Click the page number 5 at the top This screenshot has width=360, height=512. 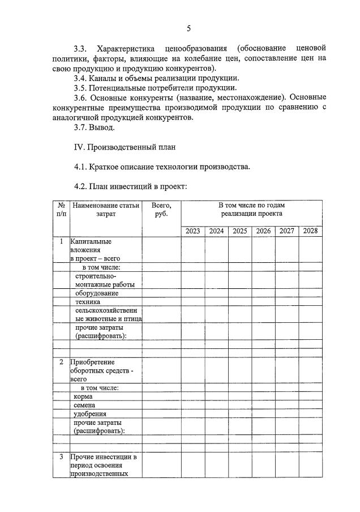point(188,28)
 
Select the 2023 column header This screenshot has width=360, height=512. point(193,231)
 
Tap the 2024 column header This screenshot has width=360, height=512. point(216,231)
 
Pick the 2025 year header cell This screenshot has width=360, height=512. point(240,231)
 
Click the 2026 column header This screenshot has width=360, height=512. point(263,231)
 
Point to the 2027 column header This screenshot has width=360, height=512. point(286,231)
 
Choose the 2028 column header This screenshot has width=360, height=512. point(310,231)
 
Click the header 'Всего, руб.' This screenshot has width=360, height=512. point(161,210)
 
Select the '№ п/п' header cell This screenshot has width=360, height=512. point(61,210)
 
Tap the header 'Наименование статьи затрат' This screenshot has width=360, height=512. point(105,210)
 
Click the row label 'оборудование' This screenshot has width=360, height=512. point(96,293)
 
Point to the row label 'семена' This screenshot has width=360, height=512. point(85,406)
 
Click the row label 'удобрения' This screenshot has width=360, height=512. point(90,415)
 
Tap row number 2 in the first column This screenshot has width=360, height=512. point(61,361)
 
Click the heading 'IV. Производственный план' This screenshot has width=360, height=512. point(125,147)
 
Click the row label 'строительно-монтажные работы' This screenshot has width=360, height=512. point(101,280)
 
